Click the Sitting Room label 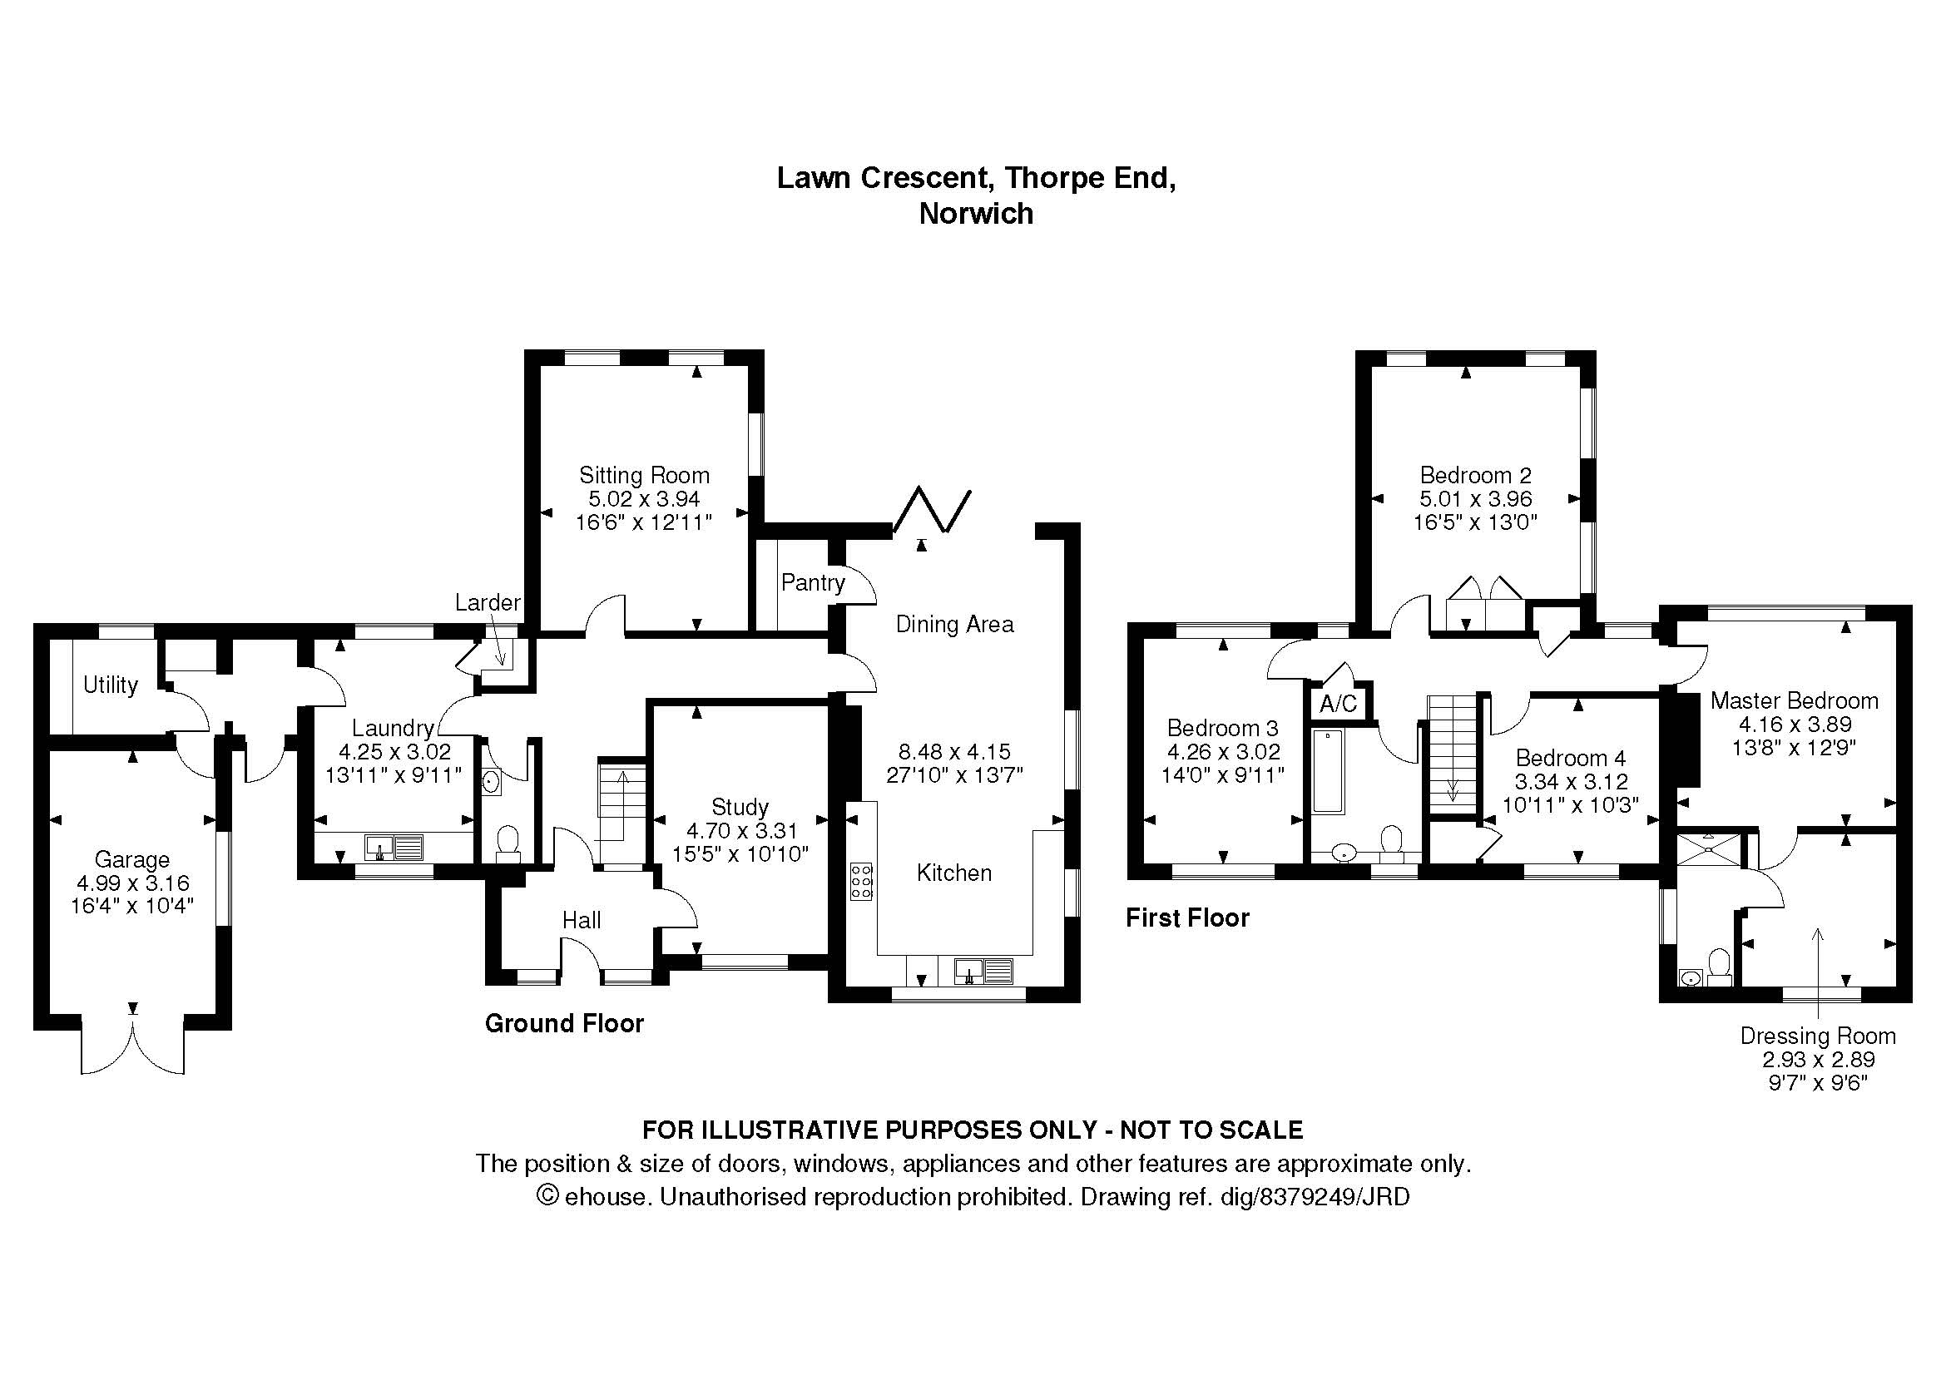[644, 475]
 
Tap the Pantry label [813, 583]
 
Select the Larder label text [488, 602]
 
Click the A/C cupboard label [1339, 703]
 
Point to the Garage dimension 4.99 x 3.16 [132, 883]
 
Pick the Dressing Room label [1818, 1036]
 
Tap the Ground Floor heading [564, 1023]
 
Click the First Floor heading [1187, 917]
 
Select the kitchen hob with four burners [861, 881]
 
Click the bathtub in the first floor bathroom [1328, 771]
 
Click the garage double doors [133, 1047]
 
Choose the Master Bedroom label [1795, 700]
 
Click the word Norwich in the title [977, 214]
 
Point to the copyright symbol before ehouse [548, 1195]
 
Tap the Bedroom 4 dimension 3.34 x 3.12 [1572, 781]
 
